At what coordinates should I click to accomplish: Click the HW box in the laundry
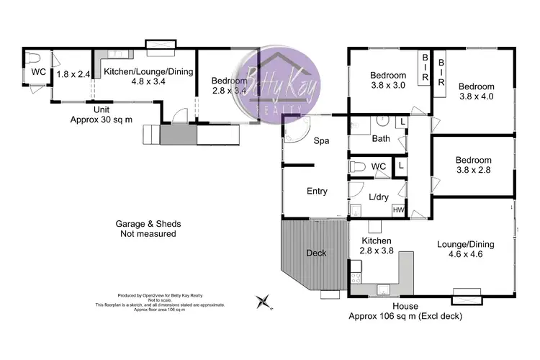(397, 210)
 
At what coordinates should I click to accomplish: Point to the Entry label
(317, 192)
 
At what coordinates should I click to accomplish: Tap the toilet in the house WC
(357, 167)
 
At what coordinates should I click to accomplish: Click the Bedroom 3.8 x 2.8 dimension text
(473, 171)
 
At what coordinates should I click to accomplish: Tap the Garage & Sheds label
(147, 228)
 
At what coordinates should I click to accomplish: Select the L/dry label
(377, 197)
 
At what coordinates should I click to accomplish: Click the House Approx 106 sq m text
(405, 316)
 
